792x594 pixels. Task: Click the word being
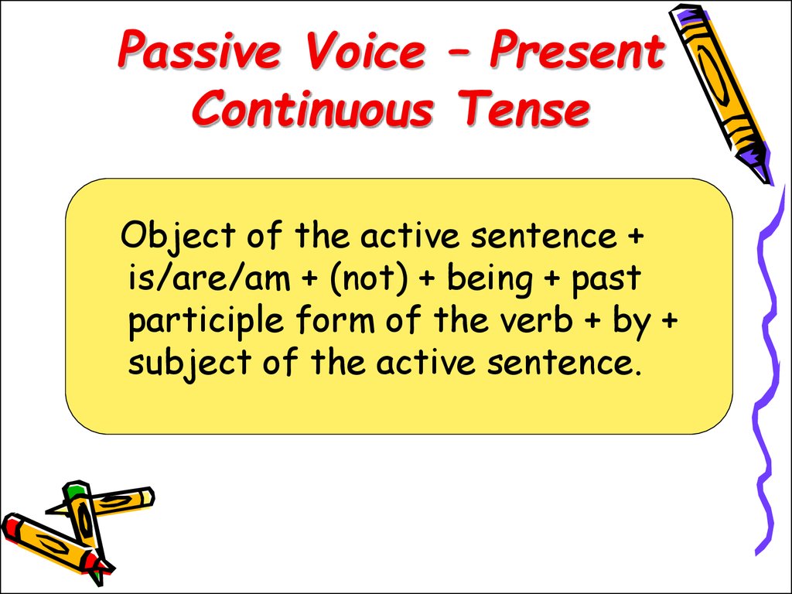click(490, 279)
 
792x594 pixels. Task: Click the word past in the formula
click(606, 279)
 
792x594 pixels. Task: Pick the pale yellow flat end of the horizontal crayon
click(147, 497)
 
